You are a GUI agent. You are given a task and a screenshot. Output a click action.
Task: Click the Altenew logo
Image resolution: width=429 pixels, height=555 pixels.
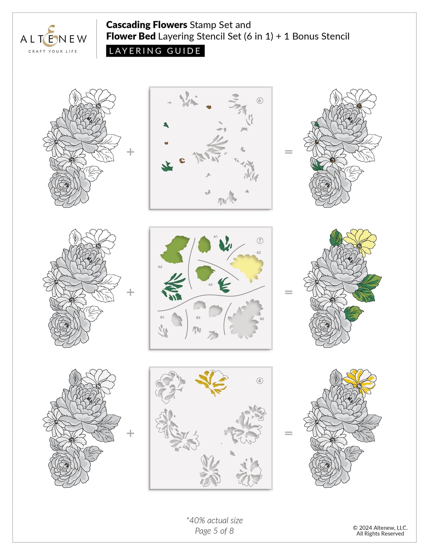point(53,39)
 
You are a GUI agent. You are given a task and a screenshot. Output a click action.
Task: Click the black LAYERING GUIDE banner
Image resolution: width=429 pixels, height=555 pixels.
point(155,51)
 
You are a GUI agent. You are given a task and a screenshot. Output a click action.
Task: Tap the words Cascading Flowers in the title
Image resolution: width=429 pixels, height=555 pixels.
point(146,25)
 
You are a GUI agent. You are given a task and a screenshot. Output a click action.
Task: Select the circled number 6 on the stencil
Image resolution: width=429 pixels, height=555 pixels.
point(260,101)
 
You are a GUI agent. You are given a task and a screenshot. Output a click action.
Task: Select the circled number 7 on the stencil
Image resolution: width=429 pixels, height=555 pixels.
point(260,240)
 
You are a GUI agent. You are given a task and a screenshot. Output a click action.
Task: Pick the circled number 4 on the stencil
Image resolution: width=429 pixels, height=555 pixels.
point(260,381)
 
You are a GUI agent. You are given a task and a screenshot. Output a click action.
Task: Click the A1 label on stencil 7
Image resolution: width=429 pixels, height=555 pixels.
point(216,237)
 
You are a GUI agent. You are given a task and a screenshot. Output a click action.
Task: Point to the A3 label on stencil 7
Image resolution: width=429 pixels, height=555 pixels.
point(160,267)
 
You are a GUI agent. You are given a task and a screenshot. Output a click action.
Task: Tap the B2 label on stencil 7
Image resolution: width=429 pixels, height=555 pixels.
point(262,319)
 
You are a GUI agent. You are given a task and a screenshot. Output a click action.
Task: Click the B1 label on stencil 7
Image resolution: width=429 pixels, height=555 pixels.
point(162,317)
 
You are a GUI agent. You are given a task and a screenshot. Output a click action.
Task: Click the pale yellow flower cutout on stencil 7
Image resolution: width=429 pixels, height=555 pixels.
point(247,267)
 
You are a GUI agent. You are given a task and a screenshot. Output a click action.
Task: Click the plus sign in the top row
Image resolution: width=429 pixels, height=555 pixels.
point(130,152)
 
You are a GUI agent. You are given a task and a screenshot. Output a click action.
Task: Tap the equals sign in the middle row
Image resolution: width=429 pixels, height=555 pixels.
point(288,292)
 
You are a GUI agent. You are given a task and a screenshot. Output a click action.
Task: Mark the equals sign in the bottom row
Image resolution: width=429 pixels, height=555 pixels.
point(288,433)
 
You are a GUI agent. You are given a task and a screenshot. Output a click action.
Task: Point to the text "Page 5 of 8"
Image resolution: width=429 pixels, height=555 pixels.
point(214,531)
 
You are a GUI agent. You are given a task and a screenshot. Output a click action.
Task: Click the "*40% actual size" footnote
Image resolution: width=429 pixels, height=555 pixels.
point(215,520)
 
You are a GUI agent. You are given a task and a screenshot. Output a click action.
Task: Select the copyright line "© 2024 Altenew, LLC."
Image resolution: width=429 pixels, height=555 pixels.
point(380,528)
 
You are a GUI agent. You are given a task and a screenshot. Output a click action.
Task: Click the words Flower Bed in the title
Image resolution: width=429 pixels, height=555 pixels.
point(131,36)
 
